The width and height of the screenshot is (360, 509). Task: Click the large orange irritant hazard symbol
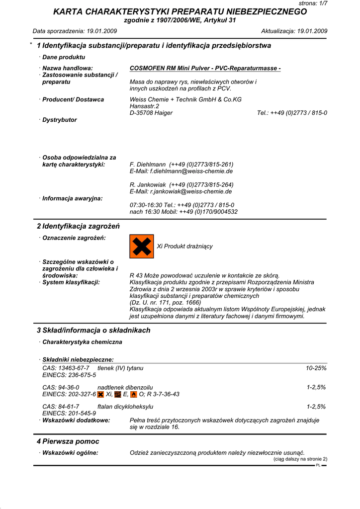tap(142, 247)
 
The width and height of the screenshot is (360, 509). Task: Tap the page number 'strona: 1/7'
tap(313, 3)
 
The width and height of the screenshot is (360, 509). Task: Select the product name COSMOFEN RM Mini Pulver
tap(205, 68)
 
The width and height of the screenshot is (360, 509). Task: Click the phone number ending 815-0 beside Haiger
tap(292, 113)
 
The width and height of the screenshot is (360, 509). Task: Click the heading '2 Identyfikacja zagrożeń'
tap(79, 226)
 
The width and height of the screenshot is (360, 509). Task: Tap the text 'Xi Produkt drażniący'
tap(184, 247)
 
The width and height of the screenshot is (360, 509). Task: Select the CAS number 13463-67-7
tap(74, 368)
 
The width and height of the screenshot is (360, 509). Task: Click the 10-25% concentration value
tap(316, 368)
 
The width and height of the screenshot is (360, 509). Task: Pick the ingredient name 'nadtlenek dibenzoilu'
tap(125, 387)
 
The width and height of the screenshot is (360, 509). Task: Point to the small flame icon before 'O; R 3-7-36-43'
tap(133, 394)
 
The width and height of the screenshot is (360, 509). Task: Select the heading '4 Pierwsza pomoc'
tap(68, 441)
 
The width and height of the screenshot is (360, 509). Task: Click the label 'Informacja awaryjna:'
tap(73, 198)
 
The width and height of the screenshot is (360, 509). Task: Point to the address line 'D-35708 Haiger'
tap(151, 113)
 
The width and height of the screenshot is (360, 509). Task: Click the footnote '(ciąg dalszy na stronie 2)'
tap(300, 459)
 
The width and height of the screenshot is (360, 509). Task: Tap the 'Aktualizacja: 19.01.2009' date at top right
tap(294, 31)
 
